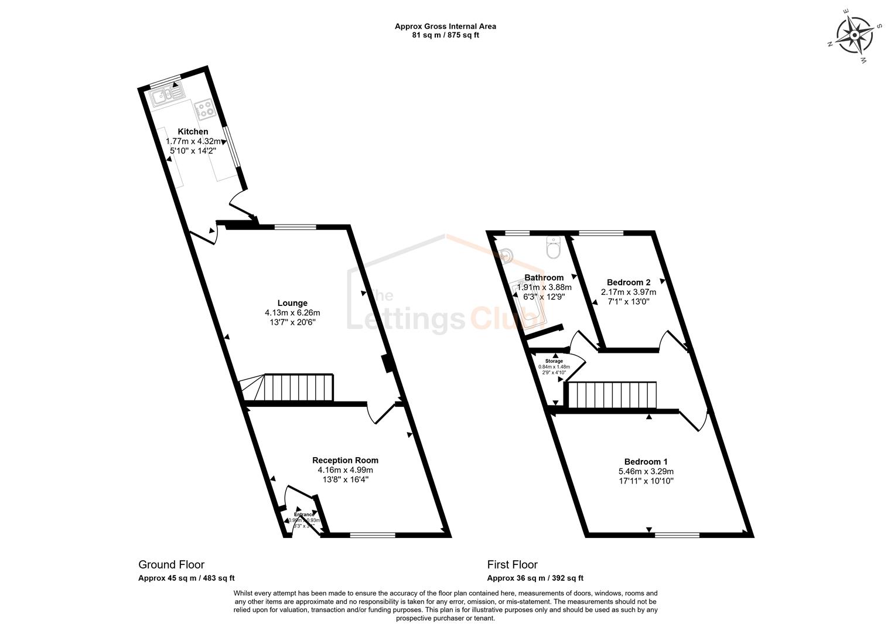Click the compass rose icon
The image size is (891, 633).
tap(854, 35)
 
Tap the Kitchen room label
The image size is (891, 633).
tap(193, 132)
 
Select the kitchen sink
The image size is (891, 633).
tap(166, 95)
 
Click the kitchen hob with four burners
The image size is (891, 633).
tap(203, 109)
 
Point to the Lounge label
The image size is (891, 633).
tap(292, 303)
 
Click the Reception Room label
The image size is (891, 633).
tap(345, 460)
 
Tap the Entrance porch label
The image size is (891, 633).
tap(304, 515)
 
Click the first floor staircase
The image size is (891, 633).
tap(612, 395)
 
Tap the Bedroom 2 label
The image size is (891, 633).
tap(629, 282)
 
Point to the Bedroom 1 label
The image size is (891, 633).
tap(646, 461)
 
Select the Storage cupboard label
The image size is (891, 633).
tap(554, 361)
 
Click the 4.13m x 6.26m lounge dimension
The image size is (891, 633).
tap(292, 313)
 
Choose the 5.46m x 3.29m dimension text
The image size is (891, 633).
tap(646, 471)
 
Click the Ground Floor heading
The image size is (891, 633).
tap(171, 564)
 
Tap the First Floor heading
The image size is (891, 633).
tap(512, 564)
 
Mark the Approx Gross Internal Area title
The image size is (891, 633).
tap(445, 26)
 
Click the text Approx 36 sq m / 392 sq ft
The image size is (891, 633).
tap(535, 578)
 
